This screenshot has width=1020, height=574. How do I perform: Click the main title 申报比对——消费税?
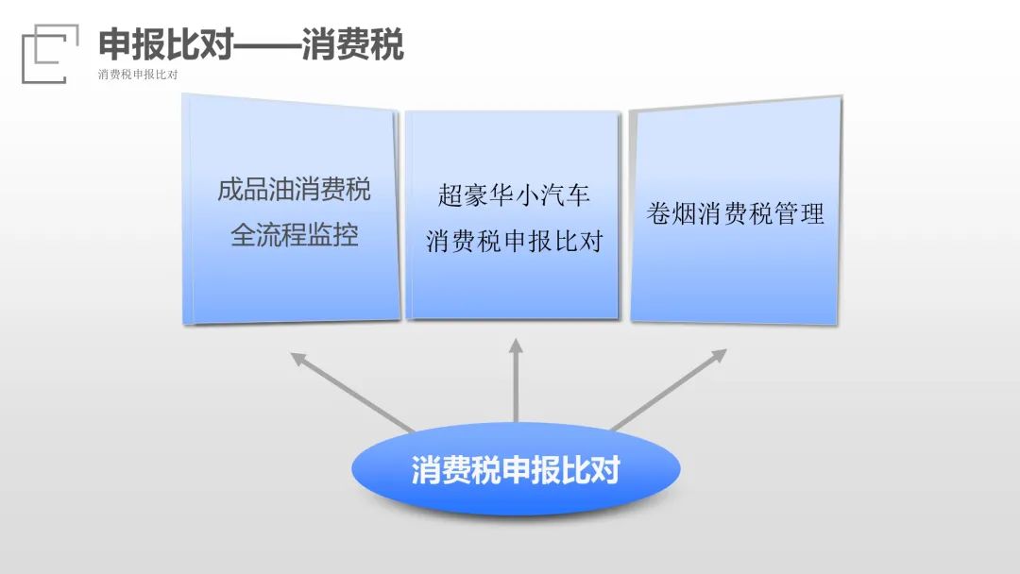[x=251, y=44]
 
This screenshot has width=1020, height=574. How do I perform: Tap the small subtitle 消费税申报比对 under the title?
[x=138, y=74]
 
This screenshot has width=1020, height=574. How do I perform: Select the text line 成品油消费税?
[x=294, y=189]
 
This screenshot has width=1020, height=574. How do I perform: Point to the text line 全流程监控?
[x=294, y=235]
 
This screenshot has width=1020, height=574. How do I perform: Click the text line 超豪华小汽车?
[x=513, y=194]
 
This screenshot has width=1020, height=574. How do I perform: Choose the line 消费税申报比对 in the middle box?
[x=514, y=241]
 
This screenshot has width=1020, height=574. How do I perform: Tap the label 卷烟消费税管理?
[x=735, y=213]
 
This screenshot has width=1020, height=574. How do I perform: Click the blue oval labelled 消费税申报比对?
[x=516, y=468]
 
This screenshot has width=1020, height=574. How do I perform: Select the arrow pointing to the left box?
[x=352, y=392]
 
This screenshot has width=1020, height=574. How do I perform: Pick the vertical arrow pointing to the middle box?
[x=516, y=380]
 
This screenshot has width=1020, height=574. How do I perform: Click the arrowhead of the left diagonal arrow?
[x=297, y=358]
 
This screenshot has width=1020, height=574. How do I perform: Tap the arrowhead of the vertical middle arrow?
[x=516, y=346]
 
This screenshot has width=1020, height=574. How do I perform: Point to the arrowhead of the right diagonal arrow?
[x=720, y=355]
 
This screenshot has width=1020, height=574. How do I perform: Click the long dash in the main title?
[x=266, y=45]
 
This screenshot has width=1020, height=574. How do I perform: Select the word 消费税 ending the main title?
[x=352, y=44]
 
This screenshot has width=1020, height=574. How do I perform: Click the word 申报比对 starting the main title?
[x=166, y=44]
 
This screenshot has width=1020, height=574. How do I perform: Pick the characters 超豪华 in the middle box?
[x=475, y=194]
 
